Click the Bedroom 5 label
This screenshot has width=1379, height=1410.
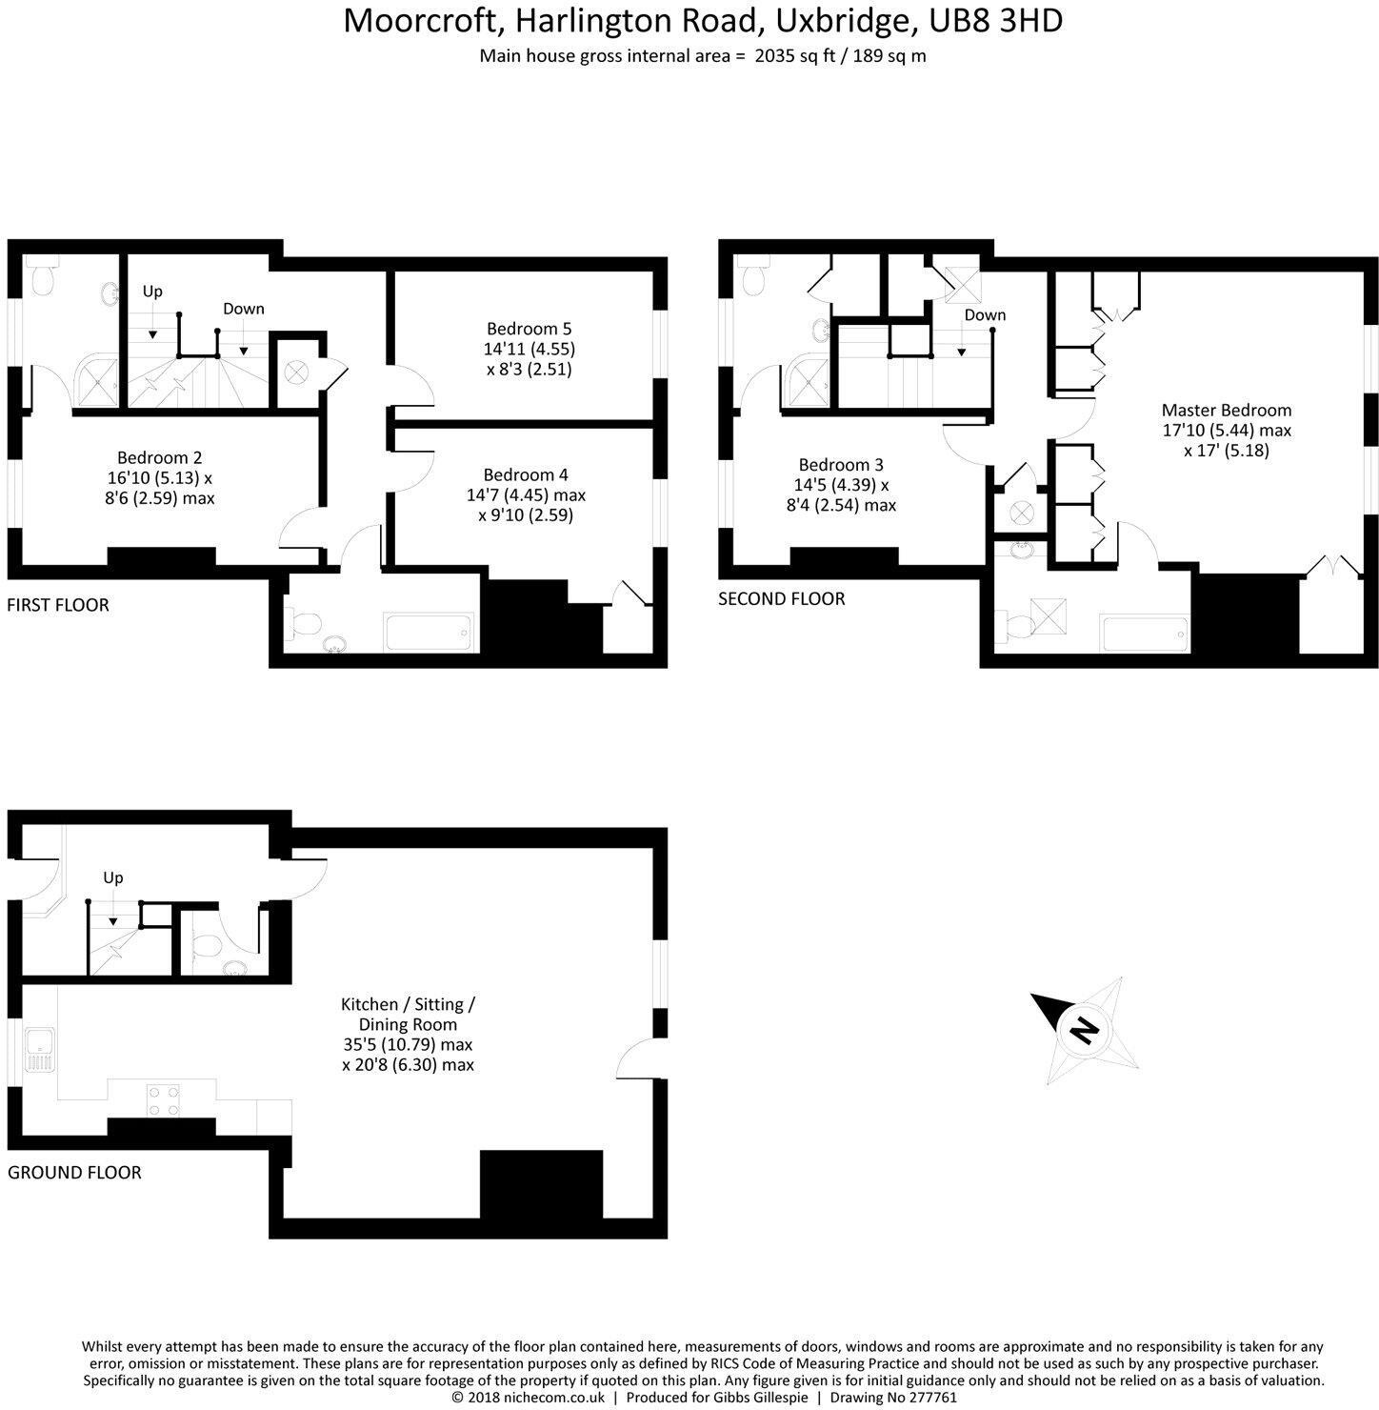[x=529, y=329]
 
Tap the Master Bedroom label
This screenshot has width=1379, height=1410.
[x=1226, y=411]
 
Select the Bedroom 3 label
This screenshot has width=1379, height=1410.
[x=840, y=465]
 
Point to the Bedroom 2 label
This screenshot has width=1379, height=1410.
[x=159, y=457]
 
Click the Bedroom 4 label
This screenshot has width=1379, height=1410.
[x=525, y=474]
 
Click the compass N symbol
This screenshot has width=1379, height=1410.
[x=1083, y=1029]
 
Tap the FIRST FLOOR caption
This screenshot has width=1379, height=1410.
[x=58, y=605]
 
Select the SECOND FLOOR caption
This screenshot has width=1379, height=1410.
[x=781, y=599]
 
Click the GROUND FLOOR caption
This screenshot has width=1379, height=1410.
[x=74, y=1173]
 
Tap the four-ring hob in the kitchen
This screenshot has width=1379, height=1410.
[x=164, y=1099]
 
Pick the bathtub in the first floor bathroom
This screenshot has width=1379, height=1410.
[x=427, y=632]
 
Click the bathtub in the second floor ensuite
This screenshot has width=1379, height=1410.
[x=1144, y=634]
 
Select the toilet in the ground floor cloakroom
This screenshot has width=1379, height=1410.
[x=206, y=944]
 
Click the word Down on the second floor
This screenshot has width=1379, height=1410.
[x=985, y=315]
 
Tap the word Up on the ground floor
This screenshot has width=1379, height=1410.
[x=113, y=877]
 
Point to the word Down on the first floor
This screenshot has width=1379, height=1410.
[x=244, y=309]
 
